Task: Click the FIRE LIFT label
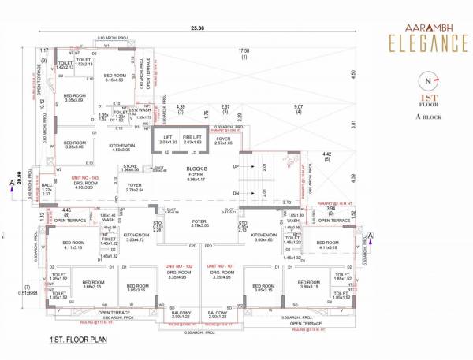point(193,137)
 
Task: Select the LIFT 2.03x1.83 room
point(167,139)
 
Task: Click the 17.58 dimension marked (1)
point(244,54)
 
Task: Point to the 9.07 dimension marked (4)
point(300,109)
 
